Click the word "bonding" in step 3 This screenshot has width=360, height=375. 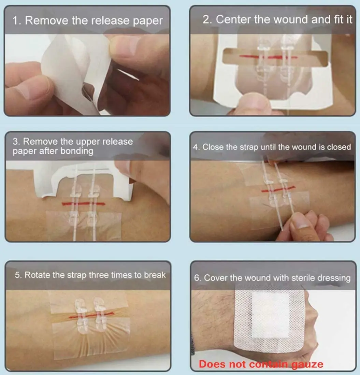[77, 151]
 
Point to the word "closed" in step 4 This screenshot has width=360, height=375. [339, 147]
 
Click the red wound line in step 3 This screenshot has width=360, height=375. [84, 204]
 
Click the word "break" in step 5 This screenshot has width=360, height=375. [154, 275]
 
